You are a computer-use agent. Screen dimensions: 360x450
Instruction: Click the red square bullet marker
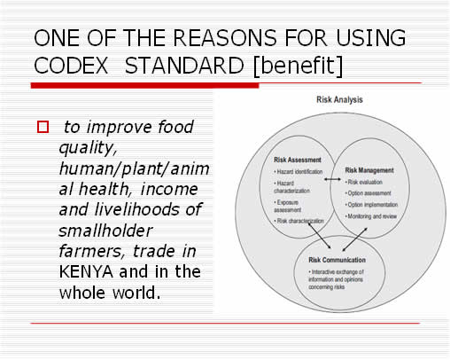[42, 127]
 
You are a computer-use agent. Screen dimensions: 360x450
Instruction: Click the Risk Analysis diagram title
[339, 100]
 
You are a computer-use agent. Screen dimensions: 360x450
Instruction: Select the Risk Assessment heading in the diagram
[297, 160]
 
